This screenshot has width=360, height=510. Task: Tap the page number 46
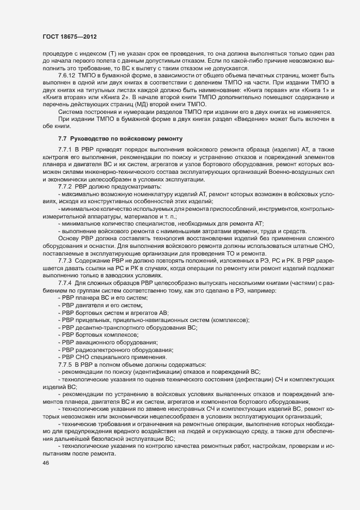(x=38, y=463)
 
